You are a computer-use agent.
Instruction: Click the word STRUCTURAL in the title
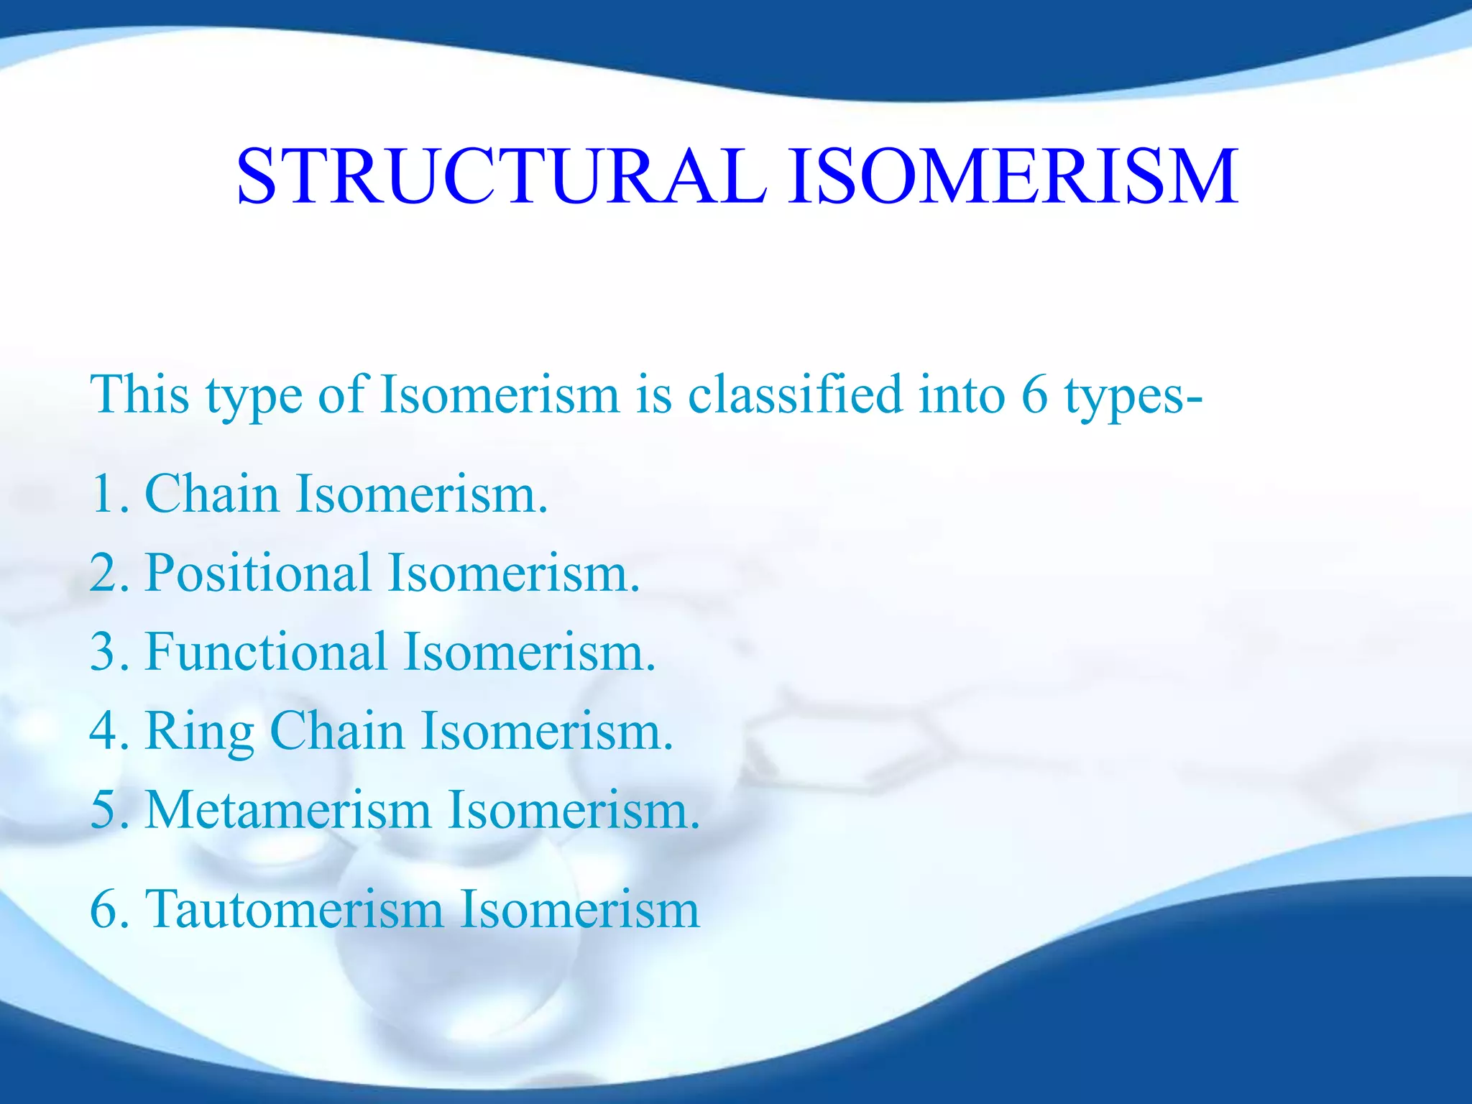pyautogui.click(x=502, y=177)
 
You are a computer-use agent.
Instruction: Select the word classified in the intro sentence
pyautogui.click(x=794, y=395)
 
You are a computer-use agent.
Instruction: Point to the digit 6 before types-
pyautogui.click(x=1034, y=395)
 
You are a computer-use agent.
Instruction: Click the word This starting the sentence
pyautogui.click(x=139, y=395)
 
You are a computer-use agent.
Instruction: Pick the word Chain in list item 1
pyautogui.click(x=211, y=494)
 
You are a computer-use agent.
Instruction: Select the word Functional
pyautogui.click(x=265, y=653)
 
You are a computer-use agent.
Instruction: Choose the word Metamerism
pyautogui.click(x=287, y=811)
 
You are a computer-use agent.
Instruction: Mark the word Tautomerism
pyautogui.click(x=294, y=910)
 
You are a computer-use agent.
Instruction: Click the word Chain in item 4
pyautogui.click(x=337, y=732)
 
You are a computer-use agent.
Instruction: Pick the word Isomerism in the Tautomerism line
pyautogui.click(x=579, y=910)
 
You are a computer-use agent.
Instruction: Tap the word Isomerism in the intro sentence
pyautogui.click(x=500, y=395)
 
